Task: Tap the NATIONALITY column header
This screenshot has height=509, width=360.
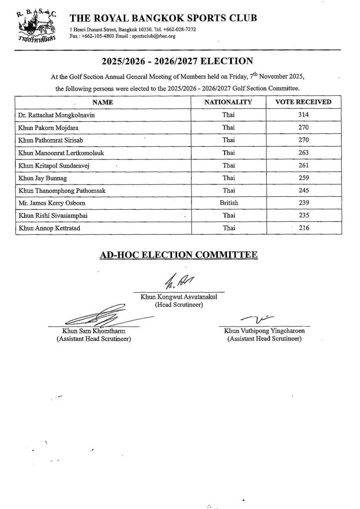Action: [x=229, y=102]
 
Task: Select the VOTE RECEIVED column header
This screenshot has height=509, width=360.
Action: [x=303, y=102]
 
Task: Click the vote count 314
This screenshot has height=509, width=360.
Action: [x=304, y=114]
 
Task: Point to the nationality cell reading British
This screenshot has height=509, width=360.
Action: [x=229, y=203]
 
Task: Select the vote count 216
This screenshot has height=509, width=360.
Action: [x=304, y=228]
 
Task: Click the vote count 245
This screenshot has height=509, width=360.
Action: [x=304, y=190]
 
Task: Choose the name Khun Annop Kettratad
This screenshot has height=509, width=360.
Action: [x=48, y=228]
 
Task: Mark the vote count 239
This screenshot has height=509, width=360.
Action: [x=304, y=203]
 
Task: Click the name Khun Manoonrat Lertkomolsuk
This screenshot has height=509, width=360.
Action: [x=59, y=152]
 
